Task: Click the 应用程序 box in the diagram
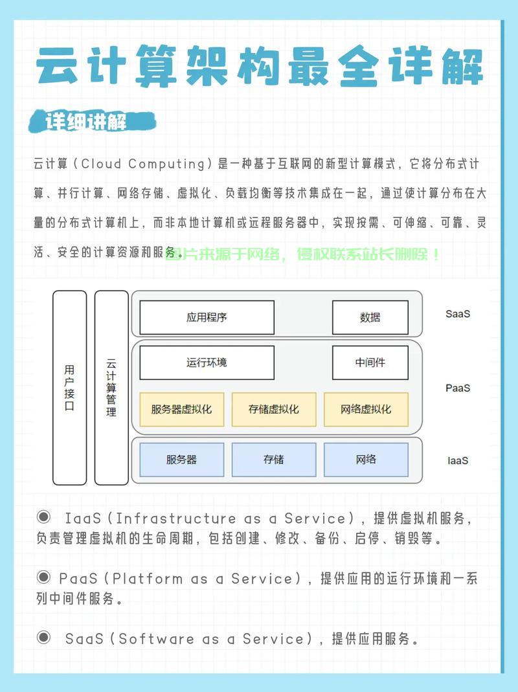(207, 317)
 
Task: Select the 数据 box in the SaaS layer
(370, 317)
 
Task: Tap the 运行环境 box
(207, 363)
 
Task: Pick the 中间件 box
(370, 363)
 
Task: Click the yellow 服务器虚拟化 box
(181, 410)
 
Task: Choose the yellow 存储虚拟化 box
(274, 410)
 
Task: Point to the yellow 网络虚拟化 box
(366, 410)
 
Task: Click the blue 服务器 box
(181, 460)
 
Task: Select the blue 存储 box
(274, 460)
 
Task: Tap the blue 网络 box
(366, 460)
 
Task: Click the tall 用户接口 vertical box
(70, 388)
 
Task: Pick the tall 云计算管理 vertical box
(111, 388)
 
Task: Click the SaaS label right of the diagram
(458, 314)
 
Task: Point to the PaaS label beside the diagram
(458, 388)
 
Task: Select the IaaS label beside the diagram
(458, 461)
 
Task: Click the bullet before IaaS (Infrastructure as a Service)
(44, 517)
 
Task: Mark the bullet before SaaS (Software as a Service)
(44, 637)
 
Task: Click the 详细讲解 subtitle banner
(92, 121)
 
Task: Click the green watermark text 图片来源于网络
(223, 254)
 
